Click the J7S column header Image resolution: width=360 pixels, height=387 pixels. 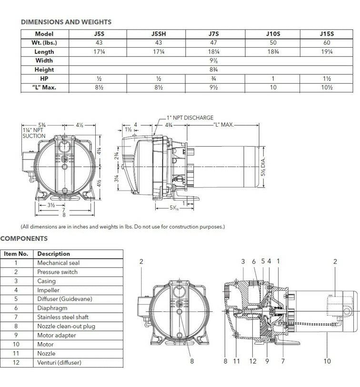tap(214, 34)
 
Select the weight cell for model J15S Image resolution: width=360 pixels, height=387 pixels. tap(327, 43)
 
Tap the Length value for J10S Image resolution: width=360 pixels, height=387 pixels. tap(273, 52)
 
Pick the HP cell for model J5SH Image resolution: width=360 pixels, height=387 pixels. tap(159, 79)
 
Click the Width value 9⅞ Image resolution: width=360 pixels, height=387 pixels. tap(214, 61)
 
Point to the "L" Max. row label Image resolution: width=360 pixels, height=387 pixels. tap(44, 88)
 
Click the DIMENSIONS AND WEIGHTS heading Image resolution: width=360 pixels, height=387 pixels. tap(66, 22)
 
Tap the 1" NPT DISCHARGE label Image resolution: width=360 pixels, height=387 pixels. tap(190, 118)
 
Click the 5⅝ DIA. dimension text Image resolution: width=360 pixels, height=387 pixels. tap(263, 167)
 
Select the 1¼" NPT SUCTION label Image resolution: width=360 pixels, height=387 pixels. tap(34, 133)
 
